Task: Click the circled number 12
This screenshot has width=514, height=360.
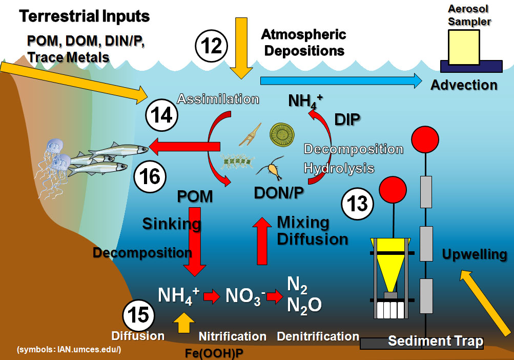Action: click(x=211, y=46)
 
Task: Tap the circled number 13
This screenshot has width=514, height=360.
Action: click(x=357, y=204)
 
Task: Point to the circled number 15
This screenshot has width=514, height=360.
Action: click(x=138, y=315)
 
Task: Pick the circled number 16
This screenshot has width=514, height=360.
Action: click(x=150, y=177)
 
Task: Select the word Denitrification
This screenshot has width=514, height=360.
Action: click(x=318, y=336)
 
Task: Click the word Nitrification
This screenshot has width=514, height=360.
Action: click(x=232, y=336)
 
